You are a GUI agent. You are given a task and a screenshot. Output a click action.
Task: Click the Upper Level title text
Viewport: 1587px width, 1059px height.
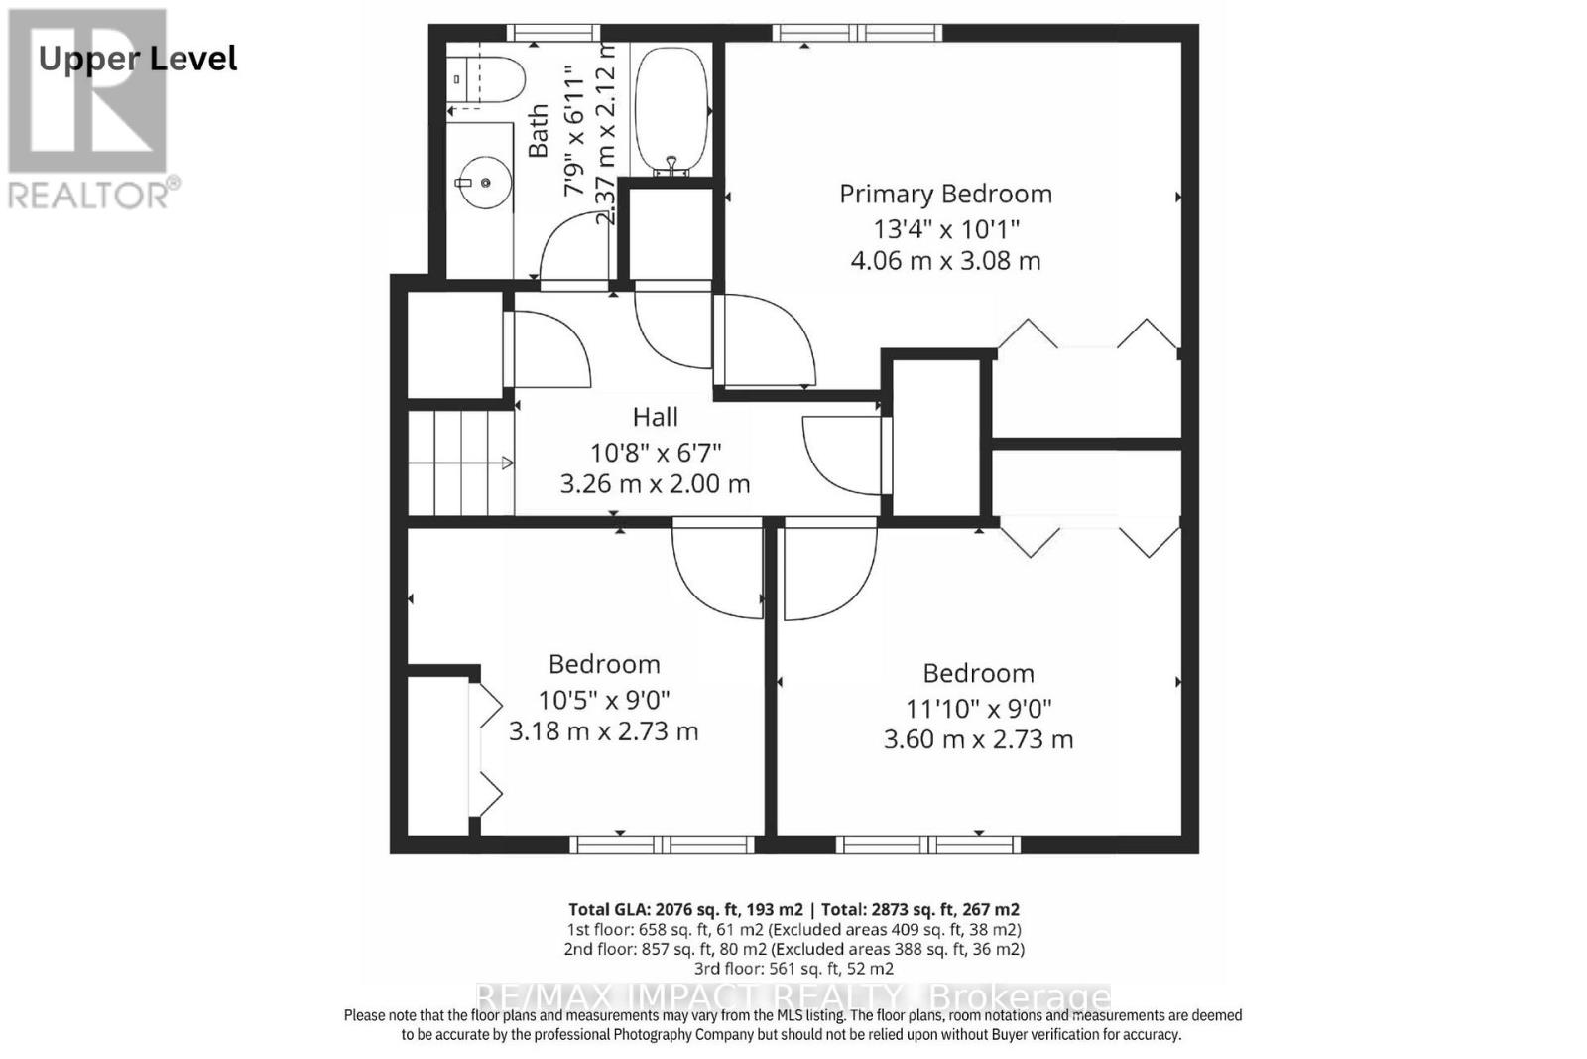tap(138, 59)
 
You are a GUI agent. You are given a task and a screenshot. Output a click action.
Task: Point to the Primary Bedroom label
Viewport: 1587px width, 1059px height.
tap(945, 194)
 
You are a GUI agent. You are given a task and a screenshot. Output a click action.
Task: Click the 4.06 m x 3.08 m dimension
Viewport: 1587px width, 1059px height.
tap(945, 261)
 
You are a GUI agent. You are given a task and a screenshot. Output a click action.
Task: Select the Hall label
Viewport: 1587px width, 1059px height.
tap(655, 417)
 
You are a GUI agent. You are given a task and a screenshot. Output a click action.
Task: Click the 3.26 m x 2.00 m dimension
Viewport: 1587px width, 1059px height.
tap(655, 484)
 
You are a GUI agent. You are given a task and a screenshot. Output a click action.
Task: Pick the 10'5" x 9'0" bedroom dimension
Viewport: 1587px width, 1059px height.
tap(604, 699)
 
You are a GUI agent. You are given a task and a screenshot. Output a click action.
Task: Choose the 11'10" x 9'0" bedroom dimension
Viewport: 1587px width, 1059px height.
tap(978, 709)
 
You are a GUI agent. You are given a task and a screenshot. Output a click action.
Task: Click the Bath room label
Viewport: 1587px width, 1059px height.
tap(539, 131)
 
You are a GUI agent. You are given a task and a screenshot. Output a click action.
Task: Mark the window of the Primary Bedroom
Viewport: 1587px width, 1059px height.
tap(857, 33)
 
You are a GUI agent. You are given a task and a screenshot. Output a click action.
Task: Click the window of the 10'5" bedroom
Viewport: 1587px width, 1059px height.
tap(663, 845)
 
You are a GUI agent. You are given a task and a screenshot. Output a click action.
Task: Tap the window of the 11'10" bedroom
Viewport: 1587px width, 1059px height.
tap(928, 845)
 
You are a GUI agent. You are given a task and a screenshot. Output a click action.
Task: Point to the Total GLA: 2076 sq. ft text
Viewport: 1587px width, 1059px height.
tap(685, 909)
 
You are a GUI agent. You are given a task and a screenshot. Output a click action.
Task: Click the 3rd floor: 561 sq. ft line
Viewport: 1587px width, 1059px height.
tap(793, 969)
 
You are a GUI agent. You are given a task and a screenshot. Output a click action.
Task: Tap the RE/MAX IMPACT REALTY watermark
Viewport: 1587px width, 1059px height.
tap(793, 995)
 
